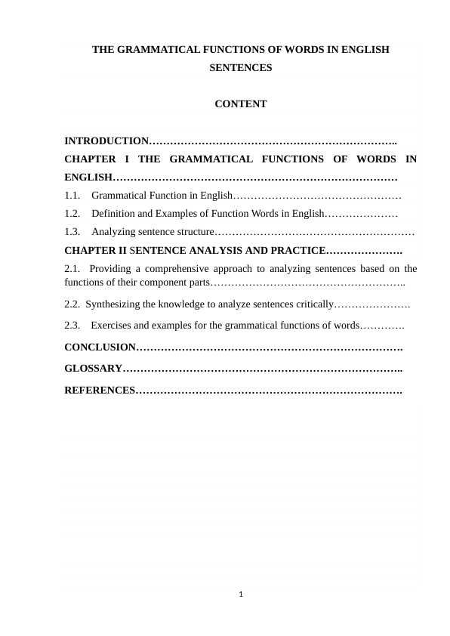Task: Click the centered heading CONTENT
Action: click(x=240, y=104)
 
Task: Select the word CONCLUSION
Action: click(x=100, y=347)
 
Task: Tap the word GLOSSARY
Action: click(x=94, y=369)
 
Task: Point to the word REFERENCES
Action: click(x=99, y=391)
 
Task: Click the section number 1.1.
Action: click(x=72, y=196)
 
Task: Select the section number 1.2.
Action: click(x=72, y=214)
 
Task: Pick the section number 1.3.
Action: click(x=72, y=232)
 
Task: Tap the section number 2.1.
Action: click(x=72, y=268)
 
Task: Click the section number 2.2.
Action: click(x=72, y=304)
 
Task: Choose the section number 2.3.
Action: click(x=72, y=326)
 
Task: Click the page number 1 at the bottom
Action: click(x=240, y=594)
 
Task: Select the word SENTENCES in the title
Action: click(x=240, y=67)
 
